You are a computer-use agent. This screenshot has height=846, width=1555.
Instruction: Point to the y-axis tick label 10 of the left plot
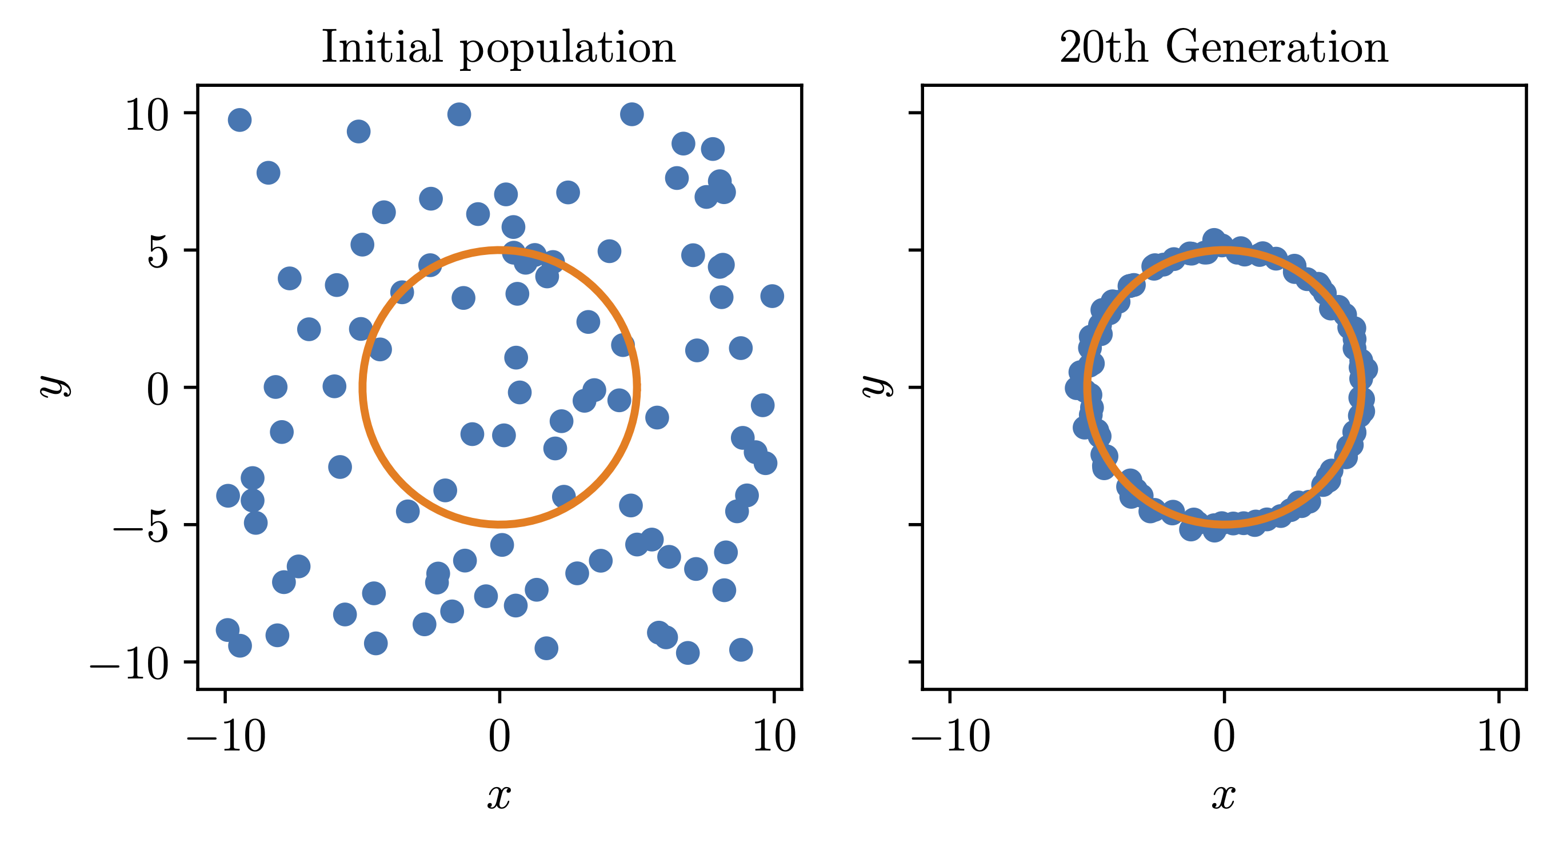[x=147, y=115]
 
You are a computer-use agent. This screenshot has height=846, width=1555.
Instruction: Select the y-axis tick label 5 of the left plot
[x=158, y=252]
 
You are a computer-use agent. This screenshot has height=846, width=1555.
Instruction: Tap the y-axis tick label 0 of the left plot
[x=158, y=389]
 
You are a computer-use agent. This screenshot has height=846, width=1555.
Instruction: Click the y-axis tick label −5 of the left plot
[x=140, y=526]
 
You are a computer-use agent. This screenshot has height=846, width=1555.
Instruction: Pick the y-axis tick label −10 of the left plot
[x=129, y=664]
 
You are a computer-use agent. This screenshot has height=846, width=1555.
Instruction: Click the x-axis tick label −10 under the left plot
[x=226, y=737]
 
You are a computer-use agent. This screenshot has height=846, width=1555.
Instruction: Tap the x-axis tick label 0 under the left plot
[x=499, y=737]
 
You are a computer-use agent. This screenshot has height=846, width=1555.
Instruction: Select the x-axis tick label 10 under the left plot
[x=774, y=737]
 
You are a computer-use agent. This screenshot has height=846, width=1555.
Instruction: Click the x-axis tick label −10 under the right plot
[x=950, y=737]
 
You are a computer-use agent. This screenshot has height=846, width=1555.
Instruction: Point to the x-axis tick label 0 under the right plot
[x=1224, y=737]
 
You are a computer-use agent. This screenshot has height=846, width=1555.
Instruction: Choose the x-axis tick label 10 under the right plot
[x=1499, y=737]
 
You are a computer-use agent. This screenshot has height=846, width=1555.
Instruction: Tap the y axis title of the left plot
[x=54, y=386]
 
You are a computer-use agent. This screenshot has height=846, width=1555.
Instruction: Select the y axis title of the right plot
[x=876, y=386]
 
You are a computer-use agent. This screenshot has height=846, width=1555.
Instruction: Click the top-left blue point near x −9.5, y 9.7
[x=239, y=120]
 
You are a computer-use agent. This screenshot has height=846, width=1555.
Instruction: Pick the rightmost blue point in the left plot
[x=772, y=296]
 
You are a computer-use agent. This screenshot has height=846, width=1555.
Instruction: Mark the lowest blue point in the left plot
[x=687, y=653]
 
